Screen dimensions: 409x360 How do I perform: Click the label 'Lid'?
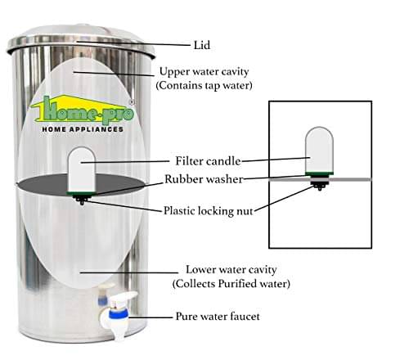tap(202, 45)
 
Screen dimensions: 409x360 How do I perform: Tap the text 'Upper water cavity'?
tap(204, 72)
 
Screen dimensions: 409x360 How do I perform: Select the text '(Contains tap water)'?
tap(204, 85)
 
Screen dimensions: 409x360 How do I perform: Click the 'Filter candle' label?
tap(208, 161)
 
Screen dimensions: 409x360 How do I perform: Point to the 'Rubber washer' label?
tap(204, 179)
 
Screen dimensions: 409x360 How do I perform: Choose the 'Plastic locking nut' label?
tap(209, 211)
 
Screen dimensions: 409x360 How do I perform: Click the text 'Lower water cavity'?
tap(231, 270)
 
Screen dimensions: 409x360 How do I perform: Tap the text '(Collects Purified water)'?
tap(231, 284)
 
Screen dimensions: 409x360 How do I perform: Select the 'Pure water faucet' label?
tap(218, 317)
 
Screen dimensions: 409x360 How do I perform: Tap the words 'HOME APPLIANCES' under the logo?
tap(83, 129)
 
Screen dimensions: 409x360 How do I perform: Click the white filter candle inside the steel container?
tap(81, 169)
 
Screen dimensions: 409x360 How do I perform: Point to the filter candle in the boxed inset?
tap(319, 150)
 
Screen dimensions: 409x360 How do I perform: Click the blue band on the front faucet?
tap(119, 314)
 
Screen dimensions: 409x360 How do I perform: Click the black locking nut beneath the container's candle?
tap(81, 200)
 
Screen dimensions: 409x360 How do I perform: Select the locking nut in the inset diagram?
tap(319, 185)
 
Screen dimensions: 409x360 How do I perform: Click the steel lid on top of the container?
tap(81, 40)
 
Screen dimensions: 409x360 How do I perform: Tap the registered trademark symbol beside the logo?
tap(132, 102)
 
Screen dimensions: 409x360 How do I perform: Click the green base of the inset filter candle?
tap(320, 173)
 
